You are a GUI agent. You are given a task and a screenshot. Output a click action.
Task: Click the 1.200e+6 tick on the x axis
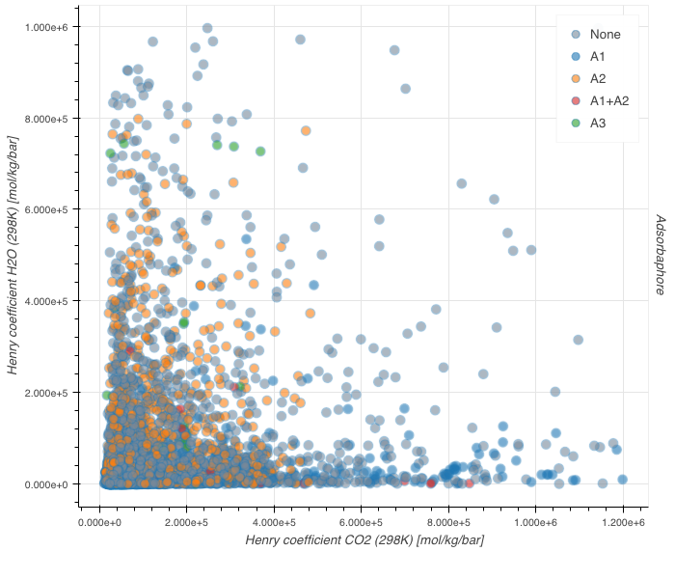click(622, 522)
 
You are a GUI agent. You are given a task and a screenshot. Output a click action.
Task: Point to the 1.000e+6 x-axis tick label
click(535, 522)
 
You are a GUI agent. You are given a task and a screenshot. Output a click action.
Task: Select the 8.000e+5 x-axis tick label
click(448, 522)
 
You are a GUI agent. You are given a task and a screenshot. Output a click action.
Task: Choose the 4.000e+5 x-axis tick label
click(274, 522)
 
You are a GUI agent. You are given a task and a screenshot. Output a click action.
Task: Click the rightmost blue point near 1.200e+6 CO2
click(622, 480)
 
